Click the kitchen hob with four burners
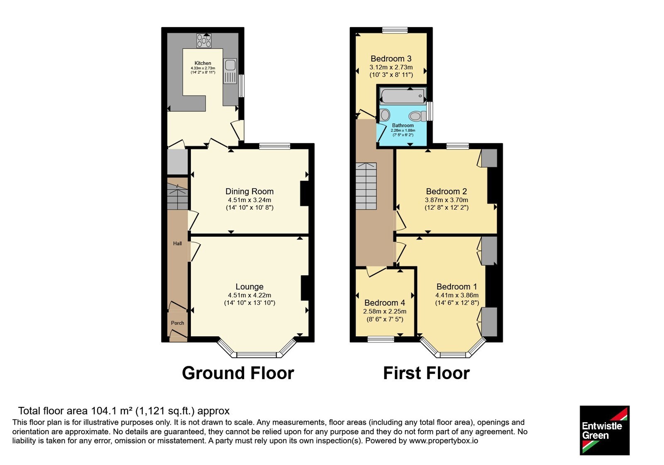204,41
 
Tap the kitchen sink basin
230,64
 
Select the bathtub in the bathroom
403,96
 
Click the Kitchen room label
203,63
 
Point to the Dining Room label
249,191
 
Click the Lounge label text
249,286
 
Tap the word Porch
178,323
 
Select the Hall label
178,243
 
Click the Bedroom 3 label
391,59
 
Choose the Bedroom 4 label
385,303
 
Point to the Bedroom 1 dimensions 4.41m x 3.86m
457,295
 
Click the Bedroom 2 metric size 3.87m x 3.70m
447,200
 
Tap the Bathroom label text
403,125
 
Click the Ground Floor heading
238,373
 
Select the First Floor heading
427,373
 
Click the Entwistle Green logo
605,430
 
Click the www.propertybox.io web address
444,441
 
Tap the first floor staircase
366,186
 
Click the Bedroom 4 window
381,339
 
